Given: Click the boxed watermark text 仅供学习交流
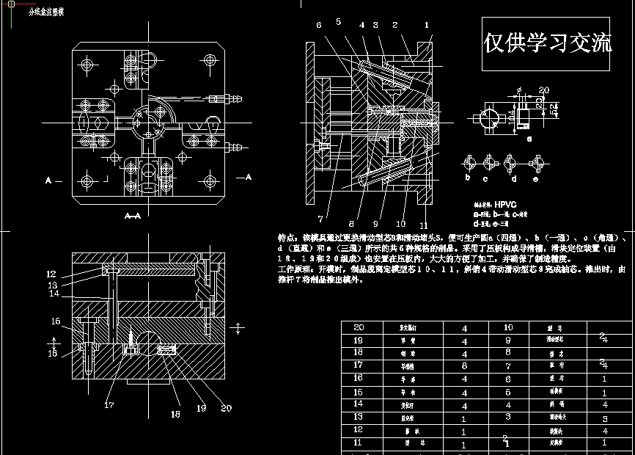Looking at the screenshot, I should [x=548, y=43].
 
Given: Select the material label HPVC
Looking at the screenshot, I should [x=505, y=205].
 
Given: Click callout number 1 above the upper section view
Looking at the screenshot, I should [x=426, y=25].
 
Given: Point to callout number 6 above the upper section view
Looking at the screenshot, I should [x=318, y=25].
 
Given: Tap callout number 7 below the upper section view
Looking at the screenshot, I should [x=320, y=218].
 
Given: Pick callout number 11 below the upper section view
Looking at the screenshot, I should [x=423, y=225].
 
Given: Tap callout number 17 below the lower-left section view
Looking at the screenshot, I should [x=109, y=404].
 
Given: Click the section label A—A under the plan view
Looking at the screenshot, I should [x=133, y=216].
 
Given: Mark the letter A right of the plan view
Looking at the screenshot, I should [x=248, y=177].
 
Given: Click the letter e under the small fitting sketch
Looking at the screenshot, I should [x=536, y=178].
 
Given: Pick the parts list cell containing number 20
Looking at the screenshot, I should [x=358, y=327].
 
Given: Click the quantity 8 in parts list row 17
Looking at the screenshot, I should [x=464, y=365].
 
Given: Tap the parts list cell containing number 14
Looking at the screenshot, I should [x=358, y=403].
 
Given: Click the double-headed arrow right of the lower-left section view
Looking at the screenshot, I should [x=238, y=327].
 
